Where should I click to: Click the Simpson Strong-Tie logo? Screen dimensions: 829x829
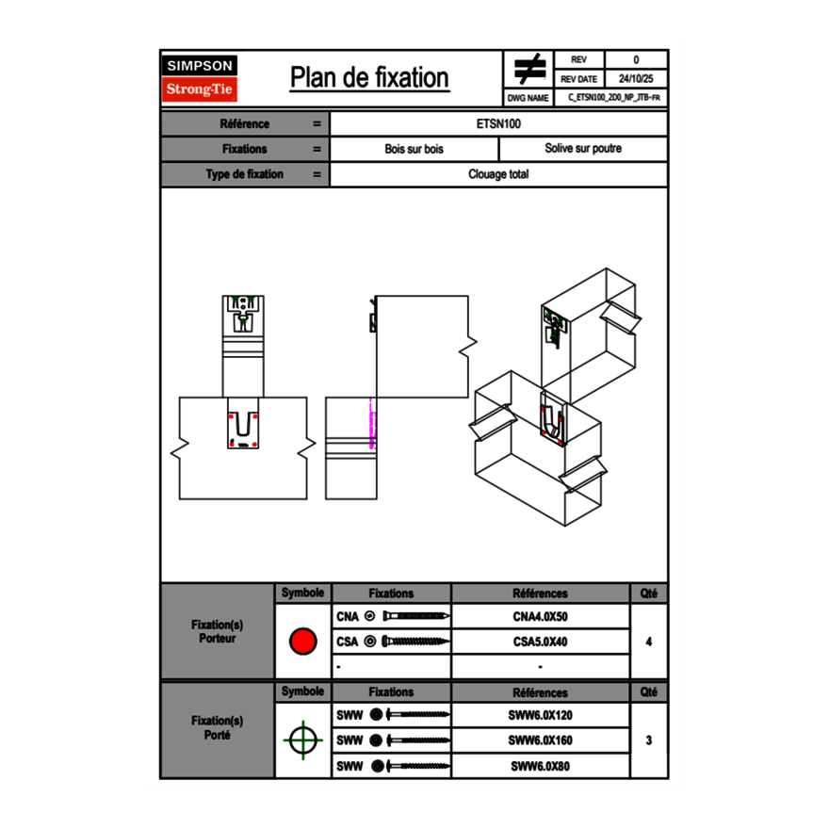click(201, 78)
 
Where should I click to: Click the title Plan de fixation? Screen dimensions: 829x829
click(369, 77)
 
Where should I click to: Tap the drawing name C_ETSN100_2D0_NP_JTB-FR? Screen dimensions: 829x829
click(613, 97)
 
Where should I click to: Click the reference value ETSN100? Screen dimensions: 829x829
click(498, 123)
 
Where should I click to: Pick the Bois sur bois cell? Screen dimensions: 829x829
click(414, 149)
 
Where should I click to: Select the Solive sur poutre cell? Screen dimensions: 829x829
click(582, 149)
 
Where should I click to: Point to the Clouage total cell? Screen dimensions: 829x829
click(498, 174)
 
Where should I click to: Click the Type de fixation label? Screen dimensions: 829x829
click(244, 174)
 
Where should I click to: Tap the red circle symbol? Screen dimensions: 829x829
click(302, 642)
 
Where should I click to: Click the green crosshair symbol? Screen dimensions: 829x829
click(301, 740)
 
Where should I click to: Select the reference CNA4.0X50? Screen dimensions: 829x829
click(540, 617)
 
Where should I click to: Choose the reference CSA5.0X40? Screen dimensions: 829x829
click(540, 642)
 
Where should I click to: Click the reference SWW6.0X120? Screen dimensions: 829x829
click(540, 715)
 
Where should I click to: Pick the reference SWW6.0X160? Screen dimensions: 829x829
click(540, 740)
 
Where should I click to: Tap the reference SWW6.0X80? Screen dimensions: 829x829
click(540, 766)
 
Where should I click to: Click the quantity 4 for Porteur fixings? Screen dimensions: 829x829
click(648, 642)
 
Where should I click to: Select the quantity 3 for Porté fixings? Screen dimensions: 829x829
click(648, 740)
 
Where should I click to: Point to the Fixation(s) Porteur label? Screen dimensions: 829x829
click(217, 631)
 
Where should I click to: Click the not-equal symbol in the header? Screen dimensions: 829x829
click(528, 69)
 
